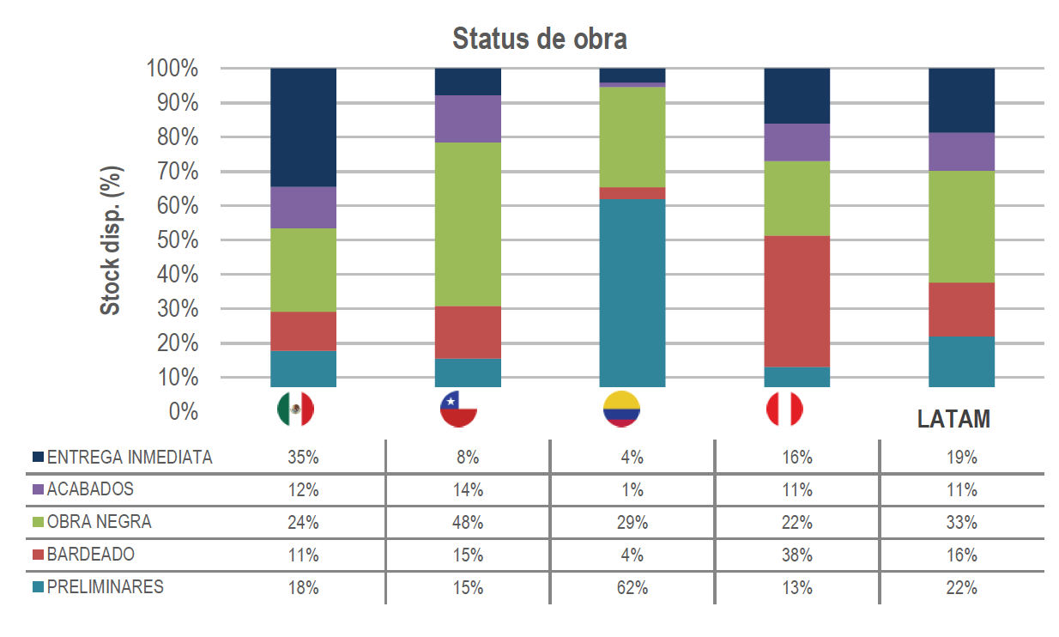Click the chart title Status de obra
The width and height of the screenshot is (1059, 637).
(539, 39)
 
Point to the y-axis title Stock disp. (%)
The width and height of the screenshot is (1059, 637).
(111, 240)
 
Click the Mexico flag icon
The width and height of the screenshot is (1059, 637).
(295, 409)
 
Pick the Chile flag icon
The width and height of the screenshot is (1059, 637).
(458, 409)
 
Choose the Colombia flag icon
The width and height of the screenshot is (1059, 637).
(621, 410)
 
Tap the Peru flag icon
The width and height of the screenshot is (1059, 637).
(784, 409)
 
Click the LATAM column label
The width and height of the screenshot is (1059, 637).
(953, 419)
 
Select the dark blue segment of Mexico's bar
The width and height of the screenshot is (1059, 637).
(303, 127)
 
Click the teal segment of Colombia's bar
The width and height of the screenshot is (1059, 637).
(632, 292)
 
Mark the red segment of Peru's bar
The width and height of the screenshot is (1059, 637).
(797, 301)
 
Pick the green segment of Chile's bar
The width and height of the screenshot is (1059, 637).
(468, 224)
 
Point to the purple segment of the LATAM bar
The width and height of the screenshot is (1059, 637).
(961, 152)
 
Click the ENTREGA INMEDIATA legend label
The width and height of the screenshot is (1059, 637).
(130, 458)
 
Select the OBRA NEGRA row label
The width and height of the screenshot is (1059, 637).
(100, 522)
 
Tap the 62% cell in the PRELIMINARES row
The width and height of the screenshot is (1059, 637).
(632, 588)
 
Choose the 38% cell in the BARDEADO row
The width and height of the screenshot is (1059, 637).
(796, 555)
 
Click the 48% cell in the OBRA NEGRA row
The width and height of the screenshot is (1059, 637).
(468, 523)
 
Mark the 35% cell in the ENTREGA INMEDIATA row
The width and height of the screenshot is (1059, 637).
(303, 458)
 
